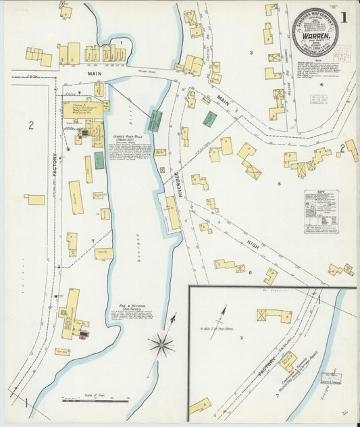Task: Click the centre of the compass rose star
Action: point(161,345)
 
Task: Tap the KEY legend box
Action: point(321,211)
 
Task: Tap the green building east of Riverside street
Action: point(210,118)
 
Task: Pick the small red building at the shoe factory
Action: point(83,335)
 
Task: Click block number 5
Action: point(278,183)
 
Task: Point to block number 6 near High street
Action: point(249,272)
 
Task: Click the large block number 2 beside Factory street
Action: point(31,124)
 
